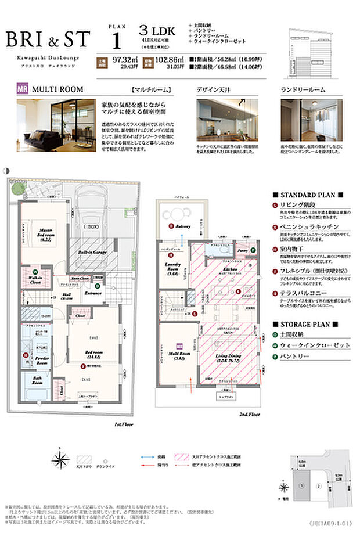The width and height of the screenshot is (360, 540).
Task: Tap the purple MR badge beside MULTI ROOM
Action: [23, 89]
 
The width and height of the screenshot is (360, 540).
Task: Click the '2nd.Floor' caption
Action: [250, 415]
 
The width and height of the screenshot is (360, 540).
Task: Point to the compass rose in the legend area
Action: [60, 460]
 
